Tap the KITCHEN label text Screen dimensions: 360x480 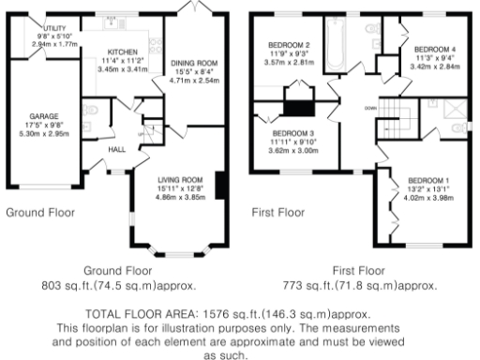click(x=123, y=52)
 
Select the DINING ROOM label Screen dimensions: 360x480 click(x=194, y=64)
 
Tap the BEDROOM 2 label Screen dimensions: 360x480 click(x=289, y=45)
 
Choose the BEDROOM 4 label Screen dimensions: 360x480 click(x=435, y=49)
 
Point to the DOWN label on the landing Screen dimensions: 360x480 click(x=371, y=106)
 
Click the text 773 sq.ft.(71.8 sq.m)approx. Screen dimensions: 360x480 click(x=359, y=284)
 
